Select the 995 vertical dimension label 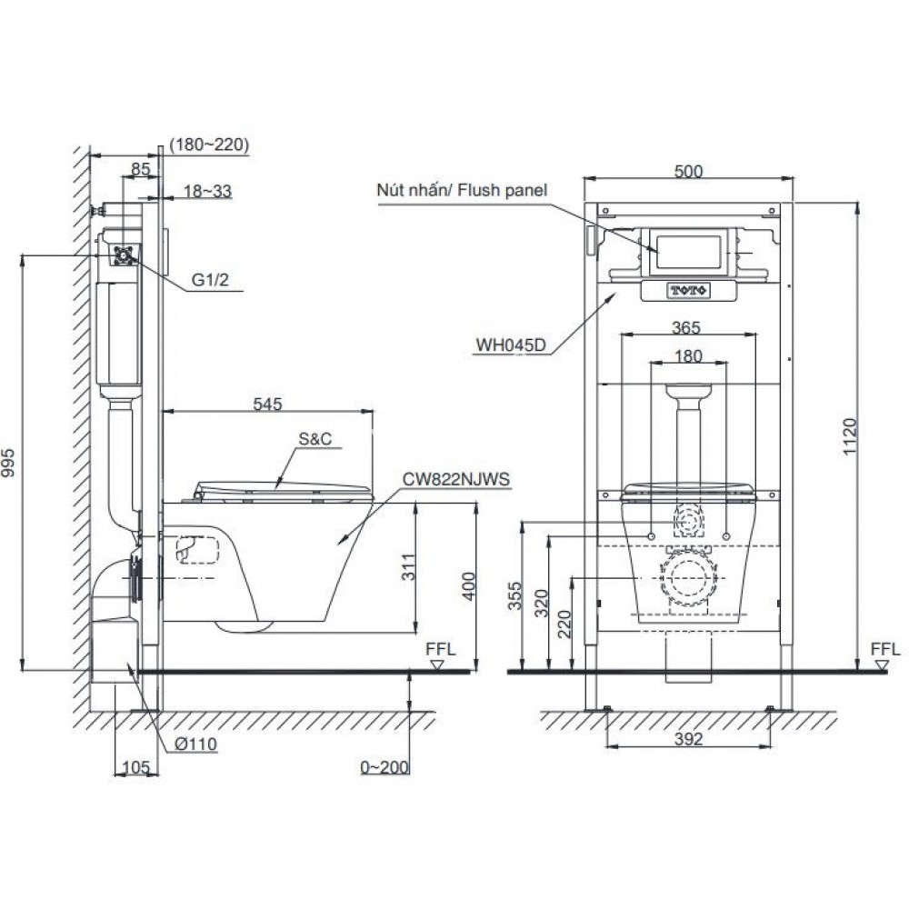[x=12, y=464]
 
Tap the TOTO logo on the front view [x=688, y=290]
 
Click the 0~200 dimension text [x=383, y=768]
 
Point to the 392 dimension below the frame [x=689, y=740]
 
